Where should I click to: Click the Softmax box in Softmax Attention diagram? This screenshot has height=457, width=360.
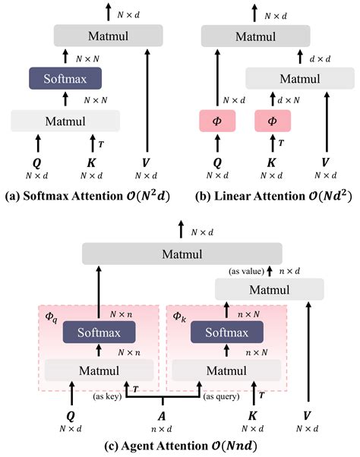(x=65, y=77)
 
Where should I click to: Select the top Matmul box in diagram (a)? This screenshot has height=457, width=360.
(x=109, y=34)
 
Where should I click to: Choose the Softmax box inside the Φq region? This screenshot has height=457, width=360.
(x=99, y=332)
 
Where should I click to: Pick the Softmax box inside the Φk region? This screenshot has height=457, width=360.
(x=226, y=332)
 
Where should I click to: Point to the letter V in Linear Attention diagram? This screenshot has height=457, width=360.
(x=326, y=163)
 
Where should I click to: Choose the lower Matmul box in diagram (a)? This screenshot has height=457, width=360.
(x=65, y=120)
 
